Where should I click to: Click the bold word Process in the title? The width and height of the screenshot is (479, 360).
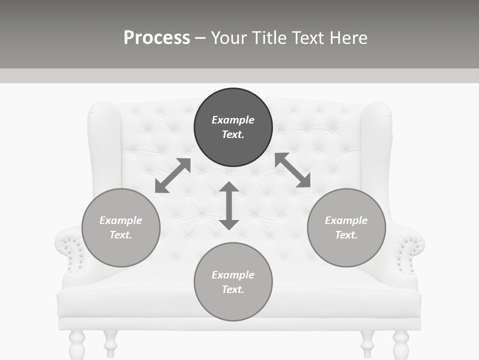coord(157,38)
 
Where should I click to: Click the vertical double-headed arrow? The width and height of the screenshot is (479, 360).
coord(229,205)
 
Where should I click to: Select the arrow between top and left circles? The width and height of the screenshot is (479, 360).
coord(173,175)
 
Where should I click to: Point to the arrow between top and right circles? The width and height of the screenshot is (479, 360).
coord(292,170)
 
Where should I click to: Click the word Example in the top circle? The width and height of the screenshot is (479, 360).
coord(233,120)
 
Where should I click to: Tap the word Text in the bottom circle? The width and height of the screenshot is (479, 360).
coord(232,289)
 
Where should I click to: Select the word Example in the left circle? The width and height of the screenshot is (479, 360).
coord(121,220)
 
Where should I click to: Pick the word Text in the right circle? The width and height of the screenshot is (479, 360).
coord(345,235)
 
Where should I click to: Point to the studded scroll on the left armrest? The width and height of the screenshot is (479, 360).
coord(73,254)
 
